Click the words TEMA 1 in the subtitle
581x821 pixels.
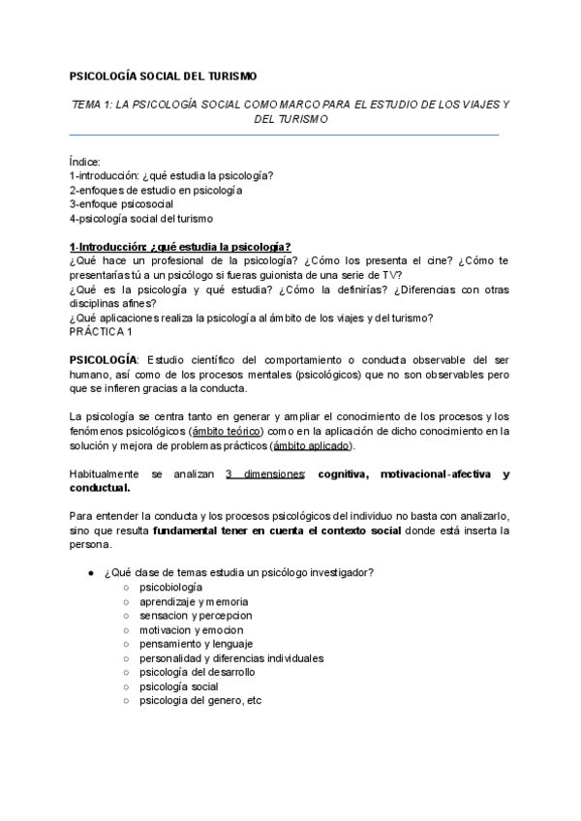click(93, 103)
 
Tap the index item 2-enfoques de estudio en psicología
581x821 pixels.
click(155, 190)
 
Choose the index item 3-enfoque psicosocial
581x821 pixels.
click(121, 204)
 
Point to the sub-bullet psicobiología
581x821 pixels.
click(170, 587)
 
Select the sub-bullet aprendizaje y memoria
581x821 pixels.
click(193, 601)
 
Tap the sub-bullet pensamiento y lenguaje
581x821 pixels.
click(197, 644)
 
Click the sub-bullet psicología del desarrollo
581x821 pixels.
click(198, 672)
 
